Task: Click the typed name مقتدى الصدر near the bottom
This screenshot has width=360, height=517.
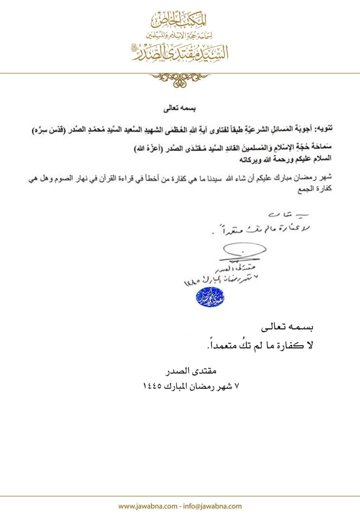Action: (x=192, y=370)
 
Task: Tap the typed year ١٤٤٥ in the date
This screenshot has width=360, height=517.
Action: (x=153, y=385)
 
